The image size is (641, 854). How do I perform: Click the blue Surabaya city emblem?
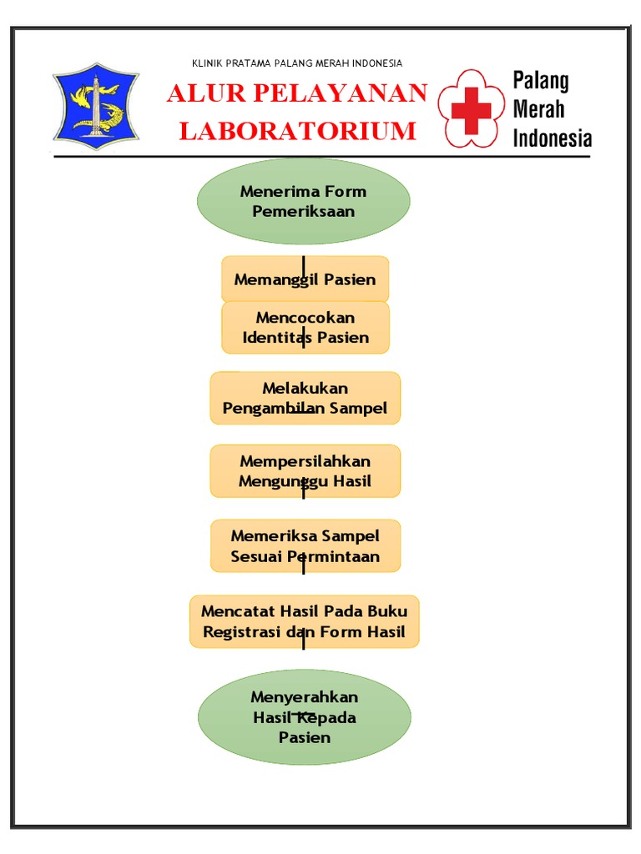96,107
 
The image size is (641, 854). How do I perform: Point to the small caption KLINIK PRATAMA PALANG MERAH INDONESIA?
297,63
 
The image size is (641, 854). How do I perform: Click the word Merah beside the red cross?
538,109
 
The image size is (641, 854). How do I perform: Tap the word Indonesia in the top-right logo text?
552,138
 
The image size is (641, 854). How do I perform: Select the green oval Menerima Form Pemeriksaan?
304,201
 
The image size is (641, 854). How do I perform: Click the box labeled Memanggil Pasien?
305,279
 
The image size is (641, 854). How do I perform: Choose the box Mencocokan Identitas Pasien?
305,328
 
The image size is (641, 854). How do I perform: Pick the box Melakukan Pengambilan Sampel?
305,399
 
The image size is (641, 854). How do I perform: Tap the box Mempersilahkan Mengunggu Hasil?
305,471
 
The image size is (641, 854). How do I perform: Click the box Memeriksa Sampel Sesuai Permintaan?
305,546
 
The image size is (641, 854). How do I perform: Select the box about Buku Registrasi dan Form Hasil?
304,621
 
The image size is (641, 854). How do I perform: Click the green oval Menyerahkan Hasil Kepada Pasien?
304,717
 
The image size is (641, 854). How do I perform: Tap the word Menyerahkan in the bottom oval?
304,697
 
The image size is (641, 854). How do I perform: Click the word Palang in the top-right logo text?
541,81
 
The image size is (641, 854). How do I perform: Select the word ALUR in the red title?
200,93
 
